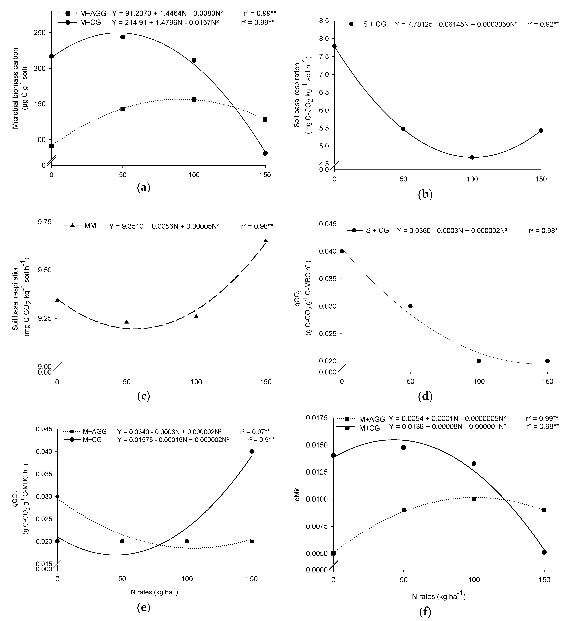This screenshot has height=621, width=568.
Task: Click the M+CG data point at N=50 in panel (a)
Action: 122,37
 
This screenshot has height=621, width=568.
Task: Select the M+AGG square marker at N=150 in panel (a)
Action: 265,120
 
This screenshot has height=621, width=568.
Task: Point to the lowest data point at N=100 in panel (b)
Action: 472,157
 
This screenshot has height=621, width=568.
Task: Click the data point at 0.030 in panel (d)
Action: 410,306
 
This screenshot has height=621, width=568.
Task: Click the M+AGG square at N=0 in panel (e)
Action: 57,496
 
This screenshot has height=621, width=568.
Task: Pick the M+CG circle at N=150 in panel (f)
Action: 544,552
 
